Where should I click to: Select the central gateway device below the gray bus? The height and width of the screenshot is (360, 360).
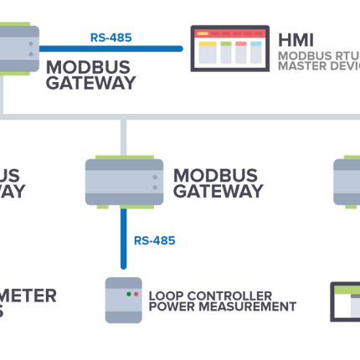click(124, 182)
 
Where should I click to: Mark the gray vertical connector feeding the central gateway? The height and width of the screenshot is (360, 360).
click(124, 136)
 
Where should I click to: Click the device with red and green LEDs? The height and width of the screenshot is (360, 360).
click(124, 300)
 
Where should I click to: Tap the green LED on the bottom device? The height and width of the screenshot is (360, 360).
click(135, 295)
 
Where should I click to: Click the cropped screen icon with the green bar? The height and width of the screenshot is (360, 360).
click(344, 301)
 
